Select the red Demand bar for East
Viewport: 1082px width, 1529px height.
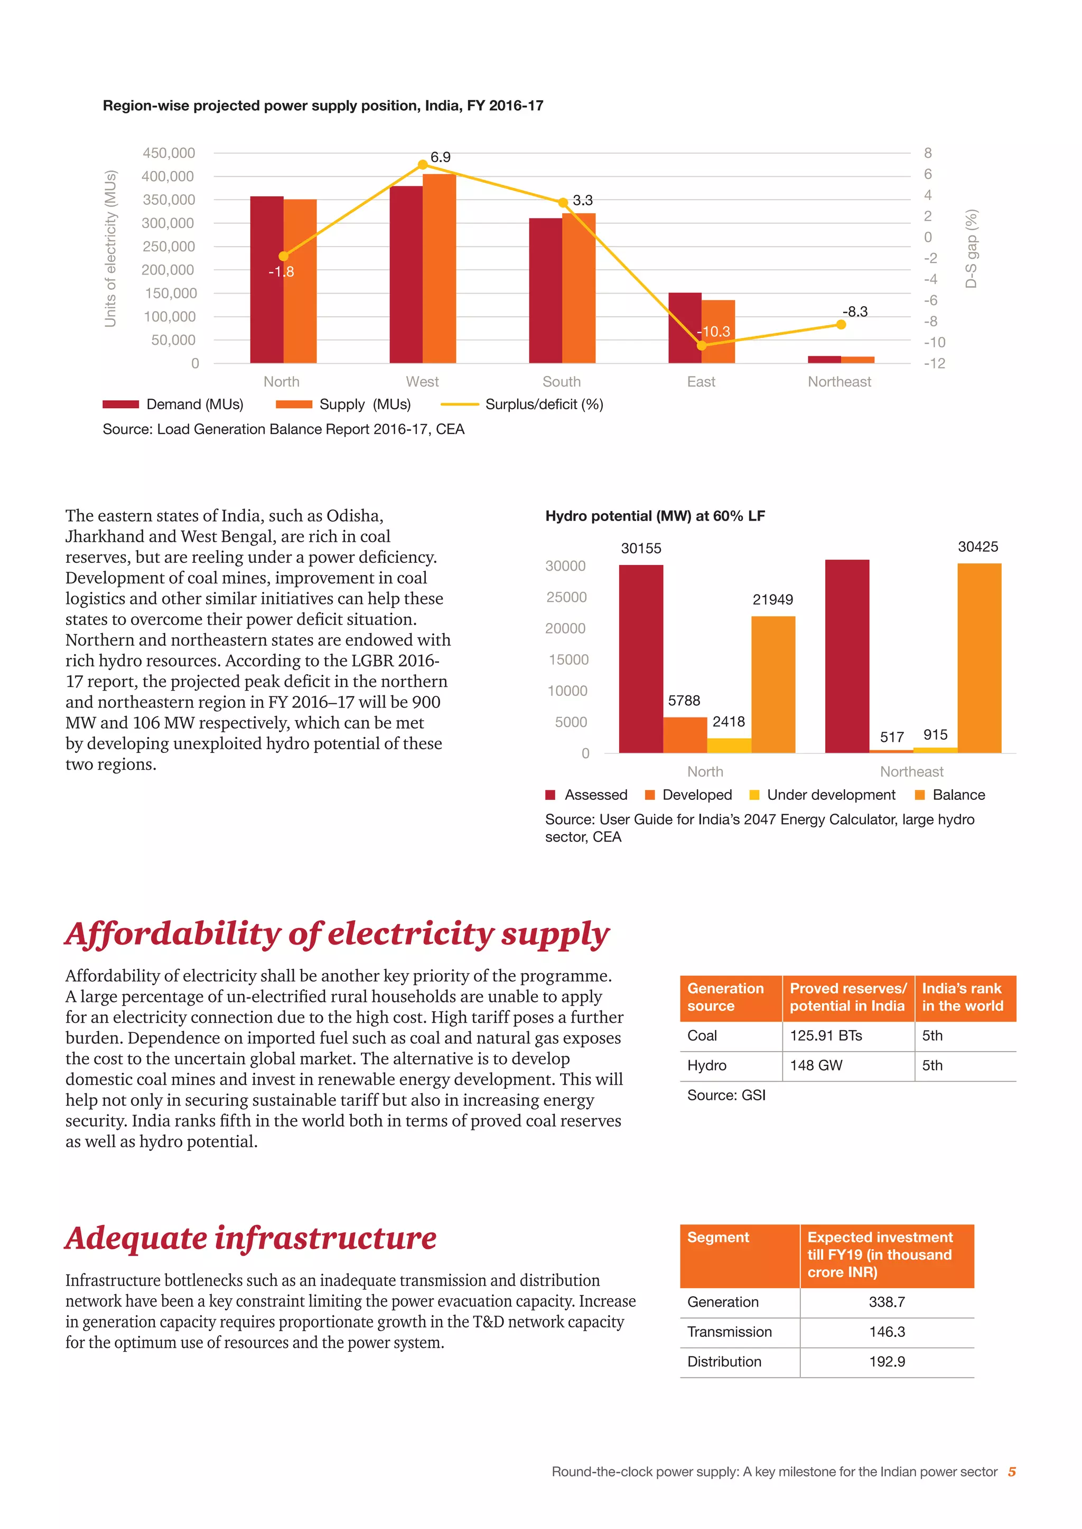point(684,328)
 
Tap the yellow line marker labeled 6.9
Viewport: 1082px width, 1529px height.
point(423,165)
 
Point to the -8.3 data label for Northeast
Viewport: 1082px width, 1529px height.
point(855,312)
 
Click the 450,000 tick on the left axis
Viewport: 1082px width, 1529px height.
point(169,153)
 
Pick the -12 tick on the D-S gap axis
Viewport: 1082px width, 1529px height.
point(934,364)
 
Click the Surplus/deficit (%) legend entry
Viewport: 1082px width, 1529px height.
point(544,404)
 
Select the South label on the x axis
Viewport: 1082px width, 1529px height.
point(561,382)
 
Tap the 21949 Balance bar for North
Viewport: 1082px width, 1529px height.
point(773,685)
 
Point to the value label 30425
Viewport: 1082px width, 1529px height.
point(977,547)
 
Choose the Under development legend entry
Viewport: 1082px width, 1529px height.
point(830,795)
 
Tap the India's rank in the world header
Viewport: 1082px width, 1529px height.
point(962,997)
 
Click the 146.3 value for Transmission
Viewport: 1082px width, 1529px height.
point(887,1332)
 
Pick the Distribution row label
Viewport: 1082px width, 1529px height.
point(724,1362)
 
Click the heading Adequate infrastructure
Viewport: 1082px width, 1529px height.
point(250,1239)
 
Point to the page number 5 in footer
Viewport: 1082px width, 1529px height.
point(1011,1472)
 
